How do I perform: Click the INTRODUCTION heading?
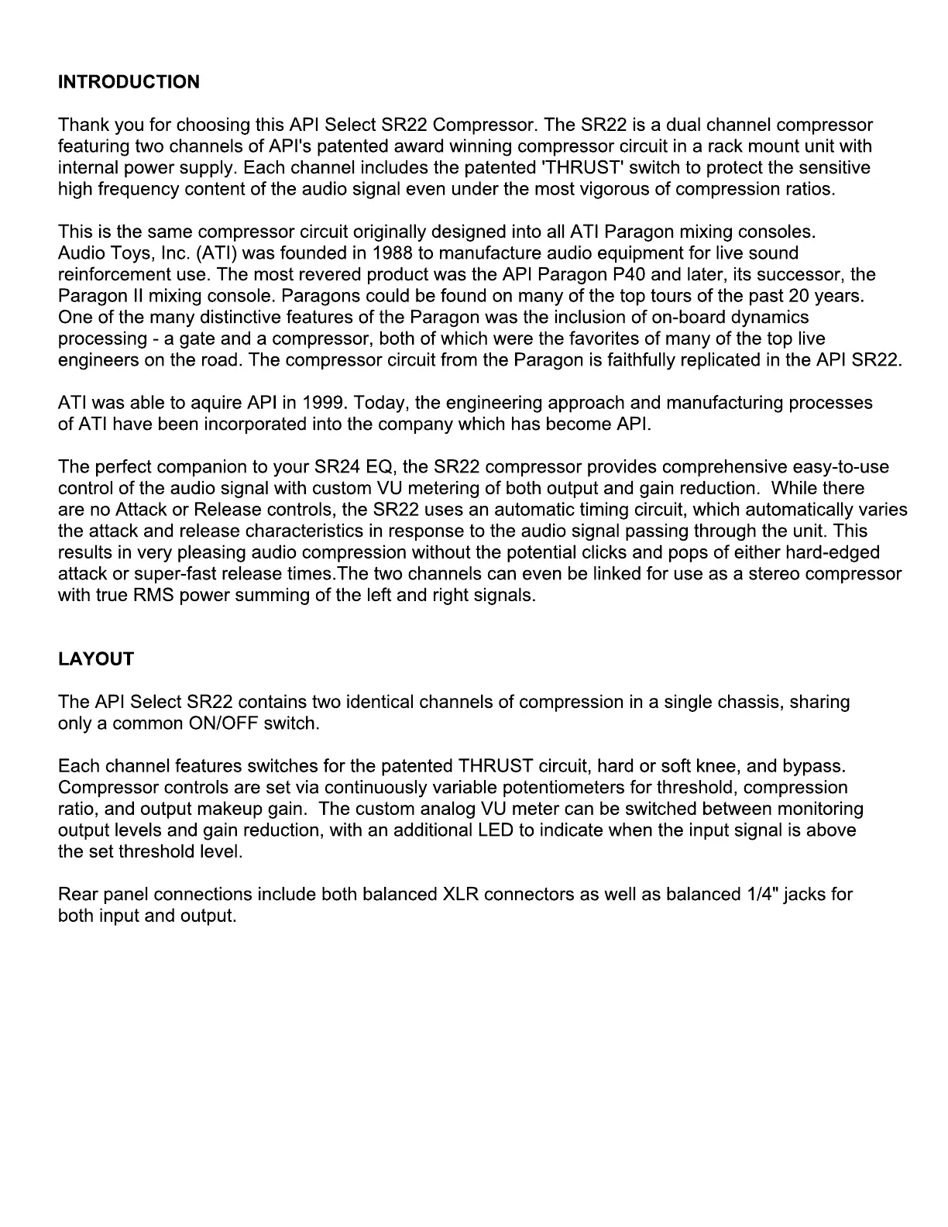[129, 82]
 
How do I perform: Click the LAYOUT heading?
[96, 659]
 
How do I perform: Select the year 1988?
[392, 253]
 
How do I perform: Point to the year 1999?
[323, 403]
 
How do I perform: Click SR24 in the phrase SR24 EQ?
[337, 467]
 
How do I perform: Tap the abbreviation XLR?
[460, 895]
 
